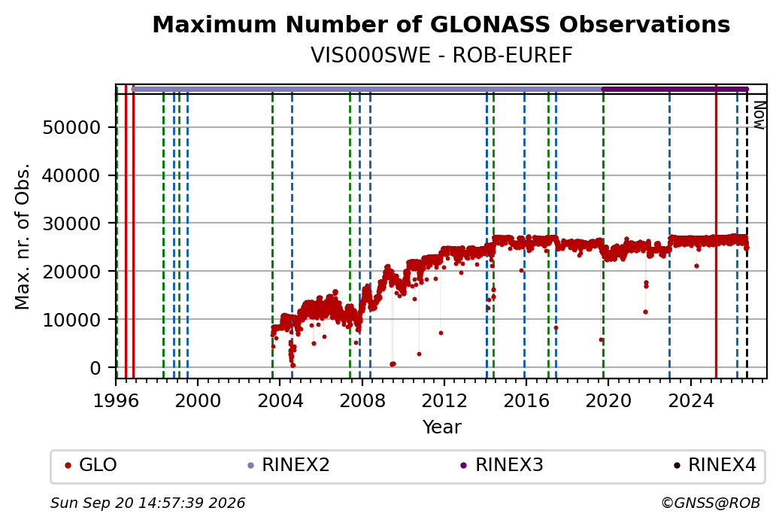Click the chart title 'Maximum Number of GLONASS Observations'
(441, 24)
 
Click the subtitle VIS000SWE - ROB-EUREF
(441, 56)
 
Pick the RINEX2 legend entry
(289, 465)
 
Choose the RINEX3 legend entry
(502, 465)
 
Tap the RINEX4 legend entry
(715, 465)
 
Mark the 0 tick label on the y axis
(95, 368)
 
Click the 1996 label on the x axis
(117, 400)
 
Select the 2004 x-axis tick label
(280, 400)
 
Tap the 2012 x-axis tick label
(444, 400)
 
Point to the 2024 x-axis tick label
(691, 400)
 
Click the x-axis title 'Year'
(441, 427)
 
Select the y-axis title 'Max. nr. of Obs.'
(23, 236)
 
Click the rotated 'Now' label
(759, 115)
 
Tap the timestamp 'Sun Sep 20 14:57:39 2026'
(148, 503)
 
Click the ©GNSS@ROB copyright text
(711, 503)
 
